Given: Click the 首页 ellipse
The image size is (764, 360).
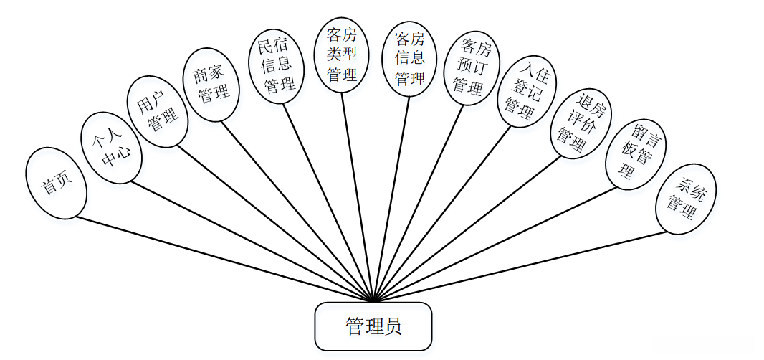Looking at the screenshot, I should [56, 183].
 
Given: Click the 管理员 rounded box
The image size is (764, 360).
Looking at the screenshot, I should [373, 327].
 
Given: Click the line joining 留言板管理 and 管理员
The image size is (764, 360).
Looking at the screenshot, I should [495, 244].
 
